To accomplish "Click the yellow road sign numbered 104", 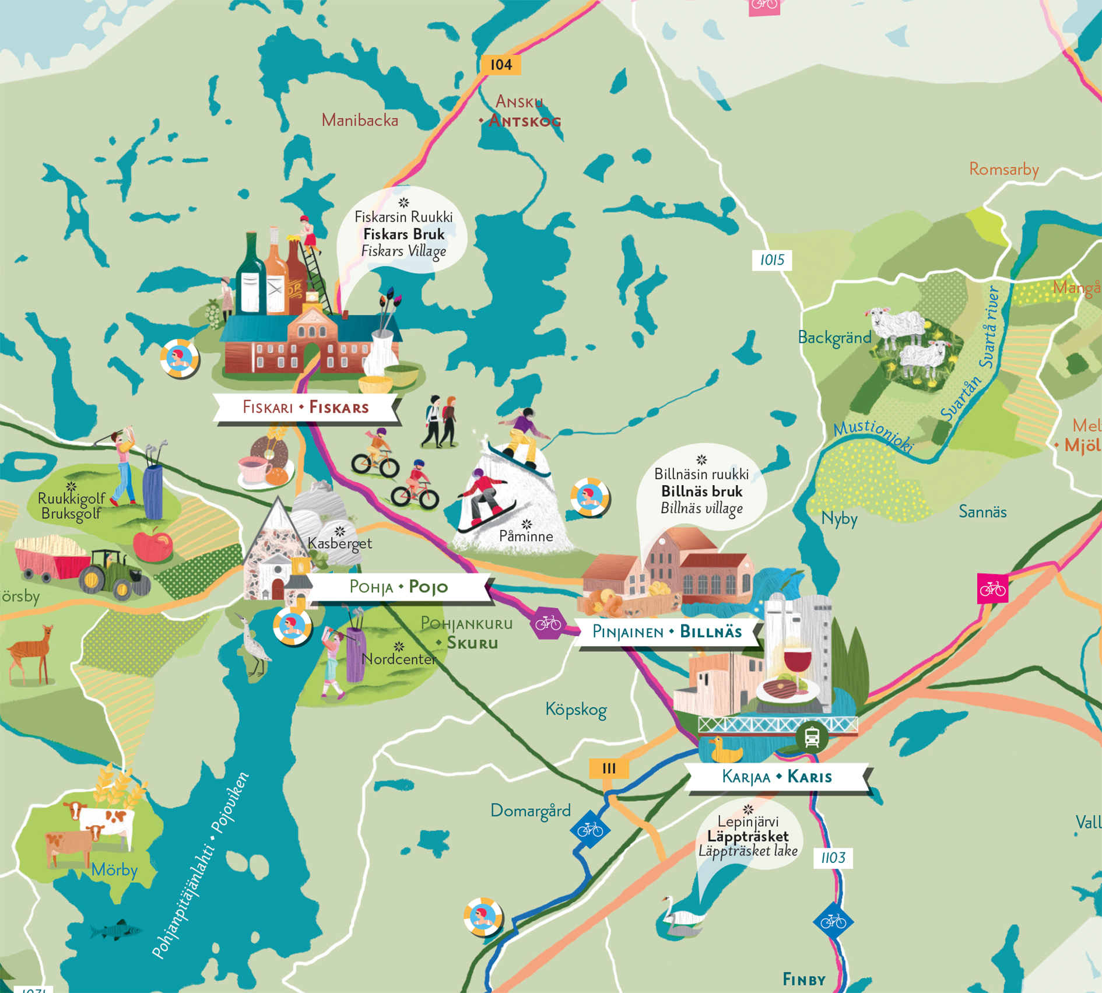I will coord(500,65).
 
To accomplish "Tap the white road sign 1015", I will coord(771,260).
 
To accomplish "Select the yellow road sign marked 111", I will coord(609,769).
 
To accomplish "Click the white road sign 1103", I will coord(833,858).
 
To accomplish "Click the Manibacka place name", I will coord(360,121).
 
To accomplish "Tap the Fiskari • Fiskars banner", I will coord(306,407).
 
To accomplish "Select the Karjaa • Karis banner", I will coord(777,777).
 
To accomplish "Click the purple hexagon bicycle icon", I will coord(548,623).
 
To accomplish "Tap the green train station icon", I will coord(812,738).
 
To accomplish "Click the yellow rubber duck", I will coord(724,750).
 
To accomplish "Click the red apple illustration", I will coord(152,543).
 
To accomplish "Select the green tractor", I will coord(114,574).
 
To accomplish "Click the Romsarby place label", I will coord(1003,170).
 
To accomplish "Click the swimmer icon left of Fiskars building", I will coord(179,358).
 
